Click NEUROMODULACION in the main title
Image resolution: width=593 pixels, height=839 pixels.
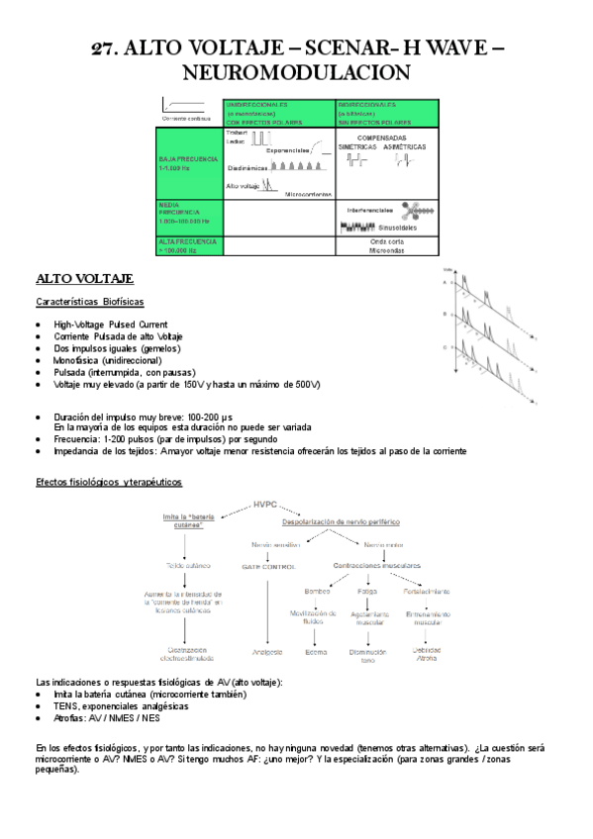(x=296, y=73)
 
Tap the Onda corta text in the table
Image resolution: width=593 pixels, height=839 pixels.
(x=387, y=240)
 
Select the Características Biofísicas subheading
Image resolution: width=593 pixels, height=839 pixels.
(x=89, y=302)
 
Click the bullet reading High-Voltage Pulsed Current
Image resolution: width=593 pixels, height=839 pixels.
(x=111, y=325)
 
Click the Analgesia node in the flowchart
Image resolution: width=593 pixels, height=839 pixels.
(x=267, y=652)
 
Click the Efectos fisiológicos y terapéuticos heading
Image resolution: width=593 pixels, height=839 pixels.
(x=108, y=481)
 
